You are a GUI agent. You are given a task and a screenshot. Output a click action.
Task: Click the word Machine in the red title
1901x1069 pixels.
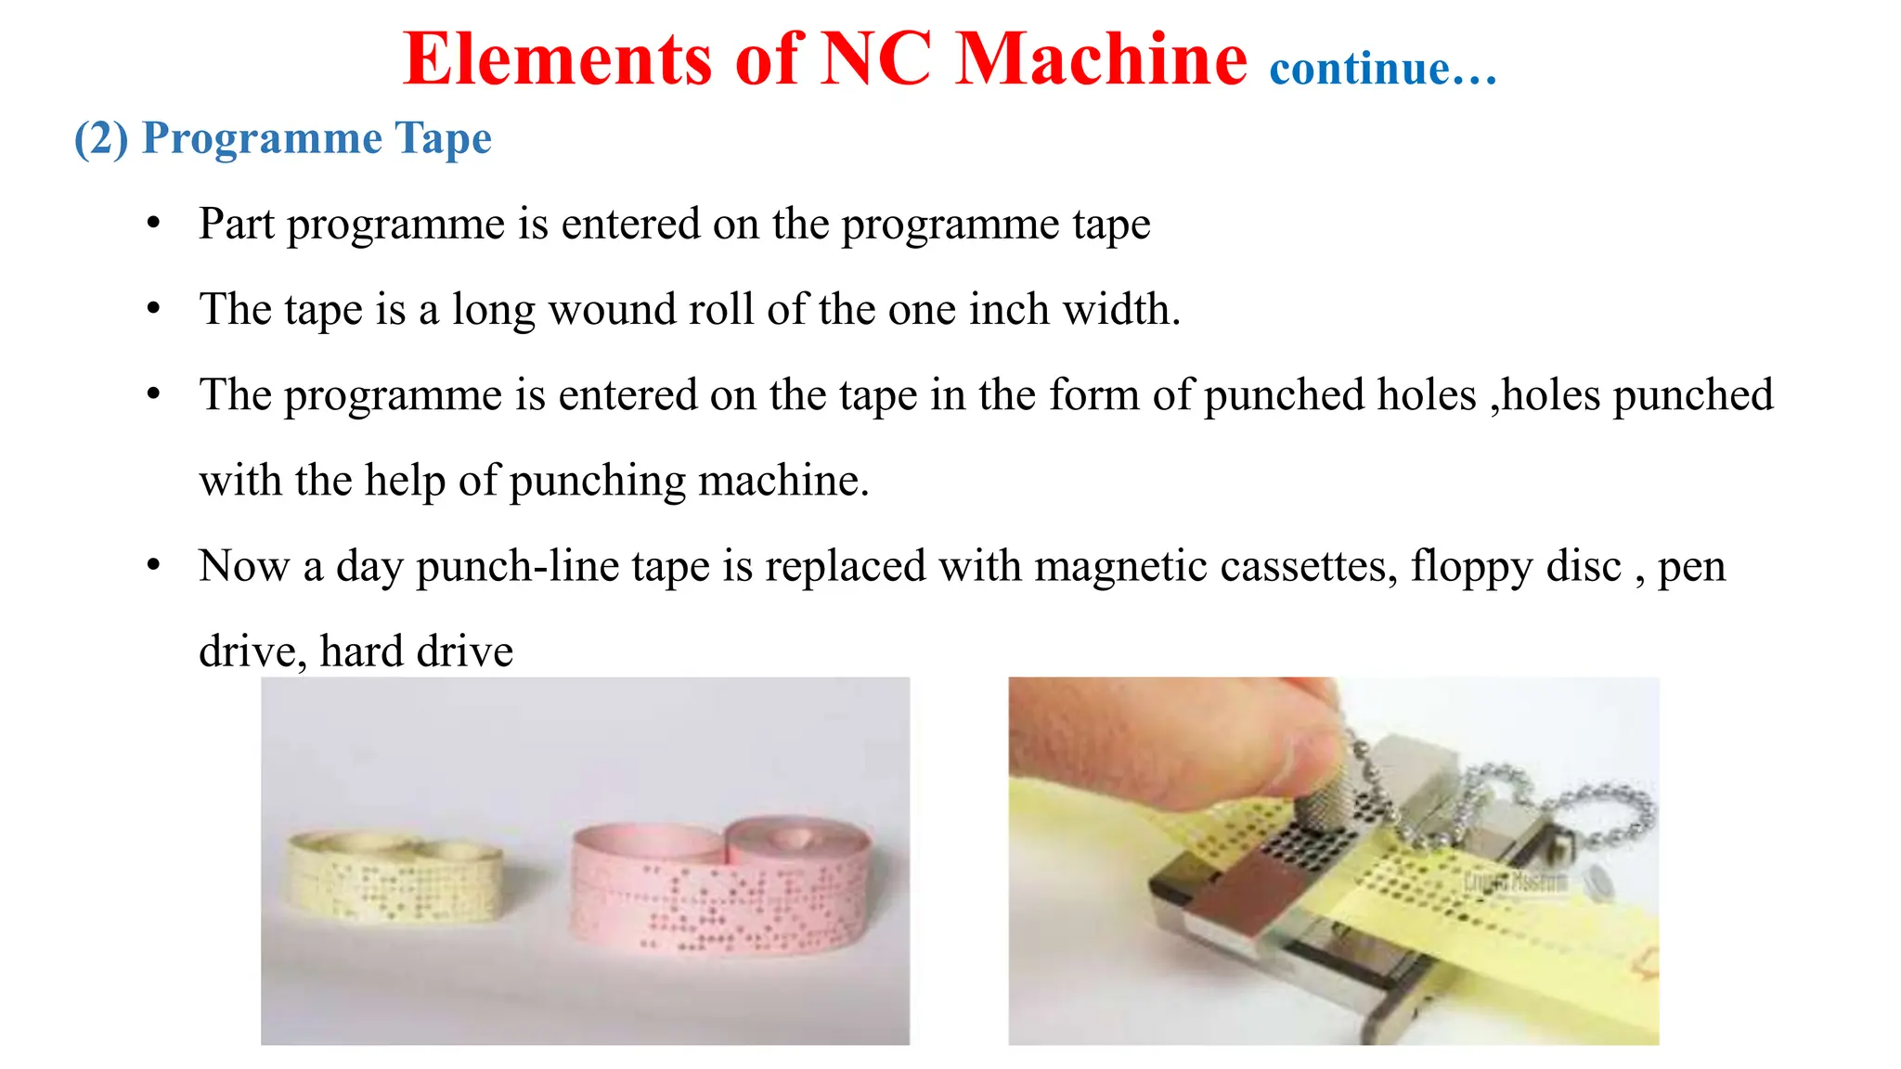click(1102, 58)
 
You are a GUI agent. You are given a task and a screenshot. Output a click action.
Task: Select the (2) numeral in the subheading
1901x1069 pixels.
click(101, 138)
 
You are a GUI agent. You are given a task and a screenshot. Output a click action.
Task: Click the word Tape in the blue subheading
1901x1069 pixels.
click(443, 139)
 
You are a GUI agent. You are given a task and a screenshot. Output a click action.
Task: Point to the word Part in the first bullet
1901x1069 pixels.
click(237, 224)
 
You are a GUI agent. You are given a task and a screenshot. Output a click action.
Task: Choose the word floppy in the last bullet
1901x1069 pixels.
click(1470, 567)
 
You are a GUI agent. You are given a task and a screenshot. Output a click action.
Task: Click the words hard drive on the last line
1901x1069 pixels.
click(416, 650)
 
